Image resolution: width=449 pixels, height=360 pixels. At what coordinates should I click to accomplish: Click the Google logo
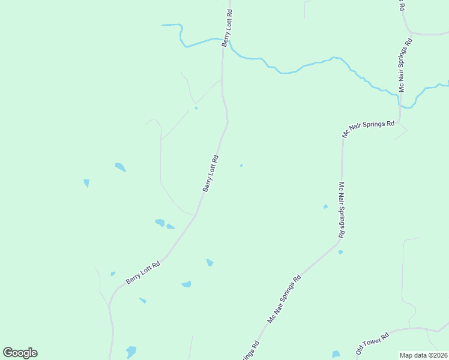pyautogui.click(x=20, y=353)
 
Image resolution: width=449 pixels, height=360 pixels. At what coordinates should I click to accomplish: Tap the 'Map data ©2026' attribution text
pyautogui.click(x=424, y=355)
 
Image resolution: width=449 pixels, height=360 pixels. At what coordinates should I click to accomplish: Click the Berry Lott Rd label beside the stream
pyautogui.click(x=227, y=28)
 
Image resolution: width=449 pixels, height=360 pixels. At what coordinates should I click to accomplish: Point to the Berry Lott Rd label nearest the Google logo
pyautogui.click(x=143, y=273)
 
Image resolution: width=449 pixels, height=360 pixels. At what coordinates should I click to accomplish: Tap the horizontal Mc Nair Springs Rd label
pyautogui.click(x=368, y=130)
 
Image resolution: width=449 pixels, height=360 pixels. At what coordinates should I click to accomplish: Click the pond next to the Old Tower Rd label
pyautogui.click(x=336, y=354)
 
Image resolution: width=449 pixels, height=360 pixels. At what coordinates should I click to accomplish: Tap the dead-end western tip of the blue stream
pyautogui.click(x=163, y=25)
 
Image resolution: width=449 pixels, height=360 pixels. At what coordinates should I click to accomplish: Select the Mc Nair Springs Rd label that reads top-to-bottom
pyautogui.click(x=341, y=211)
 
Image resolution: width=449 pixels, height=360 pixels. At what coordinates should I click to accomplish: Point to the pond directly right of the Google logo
pyautogui.click(x=131, y=352)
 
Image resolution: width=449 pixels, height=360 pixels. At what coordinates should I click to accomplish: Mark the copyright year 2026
pyautogui.click(x=442, y=355)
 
